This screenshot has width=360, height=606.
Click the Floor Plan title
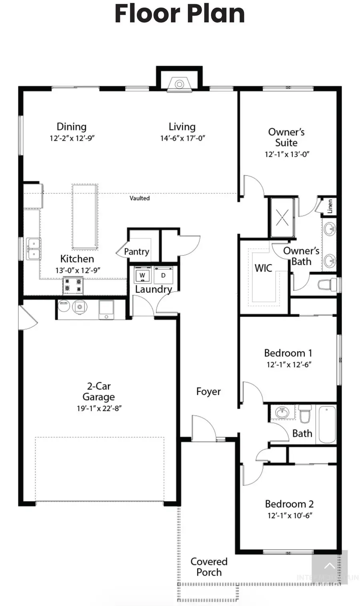click(180, 14)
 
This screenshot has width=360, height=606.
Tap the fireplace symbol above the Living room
click(180, 84)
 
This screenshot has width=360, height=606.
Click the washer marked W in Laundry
click(142, 275)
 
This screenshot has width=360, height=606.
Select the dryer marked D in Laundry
click(163, 275)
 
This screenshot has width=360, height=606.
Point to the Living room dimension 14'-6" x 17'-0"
click(182, 138)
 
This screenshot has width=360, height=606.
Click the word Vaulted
click(140, 198)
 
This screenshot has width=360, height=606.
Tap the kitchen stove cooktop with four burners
click(73, 285)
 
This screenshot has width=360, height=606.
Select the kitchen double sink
click(33, 248)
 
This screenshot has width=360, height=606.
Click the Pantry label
click(136, 252)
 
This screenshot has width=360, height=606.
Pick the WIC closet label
click(263, 268)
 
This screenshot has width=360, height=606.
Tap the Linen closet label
click(330, 206)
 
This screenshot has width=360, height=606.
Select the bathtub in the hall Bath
click(327, 424)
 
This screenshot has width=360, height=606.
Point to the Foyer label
click(208, 392)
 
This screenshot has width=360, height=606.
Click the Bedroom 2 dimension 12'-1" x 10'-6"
click(290, 516)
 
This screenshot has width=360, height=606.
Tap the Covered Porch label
click(209, 567)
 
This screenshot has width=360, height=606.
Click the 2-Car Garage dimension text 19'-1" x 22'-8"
click(99, 408)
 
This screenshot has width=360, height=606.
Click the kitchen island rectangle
click(85, 216)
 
